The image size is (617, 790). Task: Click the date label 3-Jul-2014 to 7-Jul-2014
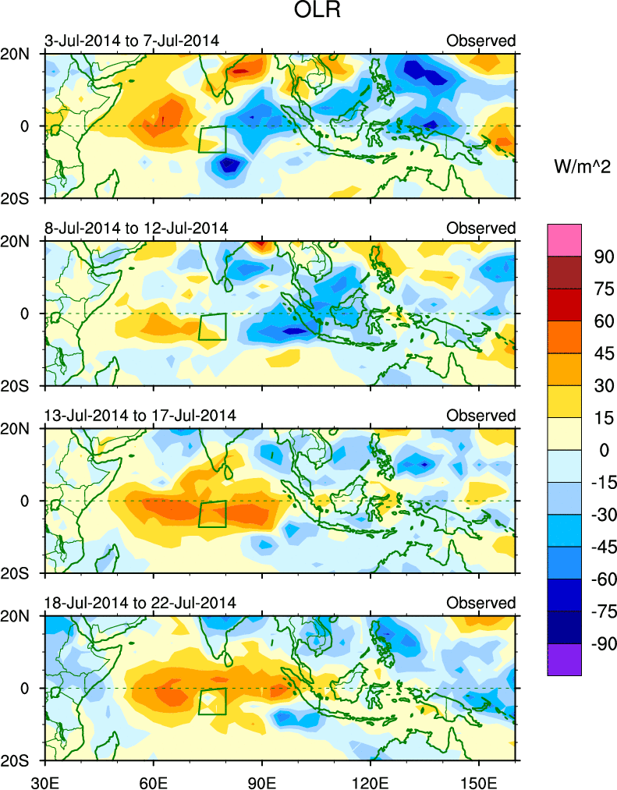(133, 41)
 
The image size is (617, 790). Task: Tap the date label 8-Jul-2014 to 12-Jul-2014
(137, 228)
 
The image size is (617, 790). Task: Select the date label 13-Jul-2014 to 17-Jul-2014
(140, 415)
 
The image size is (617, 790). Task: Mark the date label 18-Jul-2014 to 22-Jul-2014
(140, 603)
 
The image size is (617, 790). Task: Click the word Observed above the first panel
(480, 41)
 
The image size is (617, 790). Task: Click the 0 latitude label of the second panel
(24, 314)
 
